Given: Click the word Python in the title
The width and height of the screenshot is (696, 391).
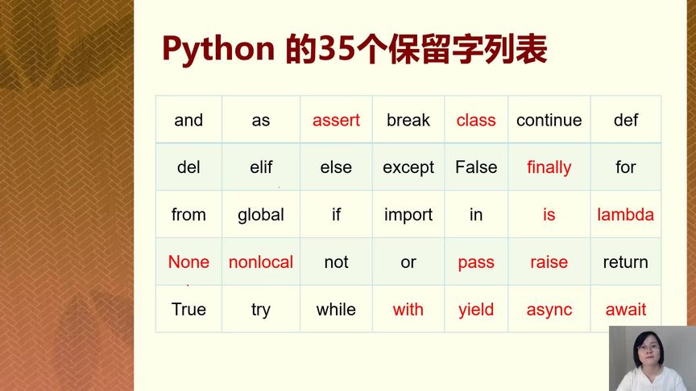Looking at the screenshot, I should [x=218, y=50].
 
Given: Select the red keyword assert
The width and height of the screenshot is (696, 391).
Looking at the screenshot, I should [x=336, y=120].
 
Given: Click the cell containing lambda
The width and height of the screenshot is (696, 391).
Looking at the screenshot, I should [x=625, y=215].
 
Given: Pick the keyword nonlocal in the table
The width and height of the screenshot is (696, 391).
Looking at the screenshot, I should [x=261, y=262].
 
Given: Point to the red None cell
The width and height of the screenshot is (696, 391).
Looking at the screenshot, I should [x=188, y=262].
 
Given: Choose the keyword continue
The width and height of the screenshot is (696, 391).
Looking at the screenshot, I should [x=549, y=120].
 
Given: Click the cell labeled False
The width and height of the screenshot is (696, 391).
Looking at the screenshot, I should [x=476, y=167].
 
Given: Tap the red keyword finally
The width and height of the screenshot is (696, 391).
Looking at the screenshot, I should [x=549, y=167].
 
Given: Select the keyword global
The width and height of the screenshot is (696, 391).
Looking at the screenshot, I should [x=261, y=215].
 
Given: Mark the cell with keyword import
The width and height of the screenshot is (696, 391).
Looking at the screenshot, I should [x=408, y=215].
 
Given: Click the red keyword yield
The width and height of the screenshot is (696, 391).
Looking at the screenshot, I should [x=476, y=310].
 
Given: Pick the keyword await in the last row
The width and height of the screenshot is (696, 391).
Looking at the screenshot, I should [x=625, y=310].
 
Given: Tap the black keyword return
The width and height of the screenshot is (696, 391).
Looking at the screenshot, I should [x=625, y=262].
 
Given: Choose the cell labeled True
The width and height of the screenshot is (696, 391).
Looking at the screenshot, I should [x=188, y=310].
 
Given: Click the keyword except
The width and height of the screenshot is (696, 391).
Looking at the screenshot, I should [x=408, y=167].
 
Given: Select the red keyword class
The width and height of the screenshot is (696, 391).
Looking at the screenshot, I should [x=476, y=120].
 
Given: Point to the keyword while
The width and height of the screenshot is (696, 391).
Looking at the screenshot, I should [x=336, y=310].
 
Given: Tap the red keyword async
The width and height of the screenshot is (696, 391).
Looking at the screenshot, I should [x=549, y=310].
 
